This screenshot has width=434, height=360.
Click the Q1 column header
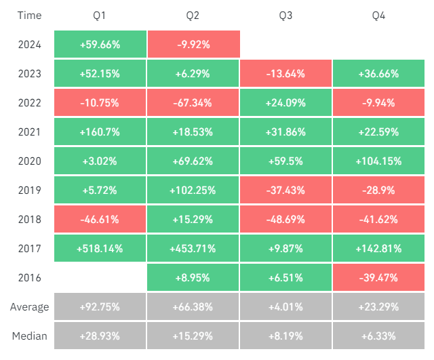100,16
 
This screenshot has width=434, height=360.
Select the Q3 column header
285,16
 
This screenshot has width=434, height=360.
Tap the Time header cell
29,16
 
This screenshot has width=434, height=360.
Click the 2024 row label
29,45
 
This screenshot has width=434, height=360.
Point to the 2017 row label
29,249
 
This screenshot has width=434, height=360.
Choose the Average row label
29,307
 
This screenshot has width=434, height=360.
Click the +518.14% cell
100,249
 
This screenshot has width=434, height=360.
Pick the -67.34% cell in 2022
193,103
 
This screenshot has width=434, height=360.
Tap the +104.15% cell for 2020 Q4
378,161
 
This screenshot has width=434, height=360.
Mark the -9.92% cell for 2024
193,45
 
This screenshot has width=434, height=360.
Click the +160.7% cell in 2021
100,132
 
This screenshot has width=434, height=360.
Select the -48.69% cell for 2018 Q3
285,220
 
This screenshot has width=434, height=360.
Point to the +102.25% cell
193,191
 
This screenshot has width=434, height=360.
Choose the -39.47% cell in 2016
378,278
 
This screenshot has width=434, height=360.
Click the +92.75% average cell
100,307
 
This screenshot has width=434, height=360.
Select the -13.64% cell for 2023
285,74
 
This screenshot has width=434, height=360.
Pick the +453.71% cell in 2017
193,249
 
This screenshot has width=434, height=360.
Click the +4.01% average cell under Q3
285,307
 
